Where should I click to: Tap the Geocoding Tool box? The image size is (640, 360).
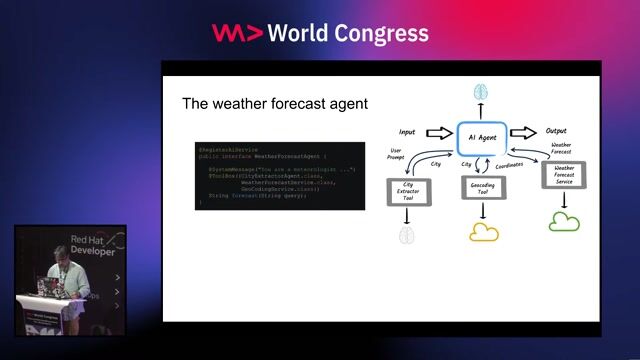[484, 188]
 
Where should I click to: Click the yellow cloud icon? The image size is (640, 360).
[484, 232]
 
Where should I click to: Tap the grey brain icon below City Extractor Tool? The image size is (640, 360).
[406, 235]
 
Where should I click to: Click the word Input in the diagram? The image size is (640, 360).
[407, 131]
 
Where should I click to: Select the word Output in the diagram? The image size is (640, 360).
[556, 131]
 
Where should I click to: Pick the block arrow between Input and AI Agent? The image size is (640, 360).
[439, 132]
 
